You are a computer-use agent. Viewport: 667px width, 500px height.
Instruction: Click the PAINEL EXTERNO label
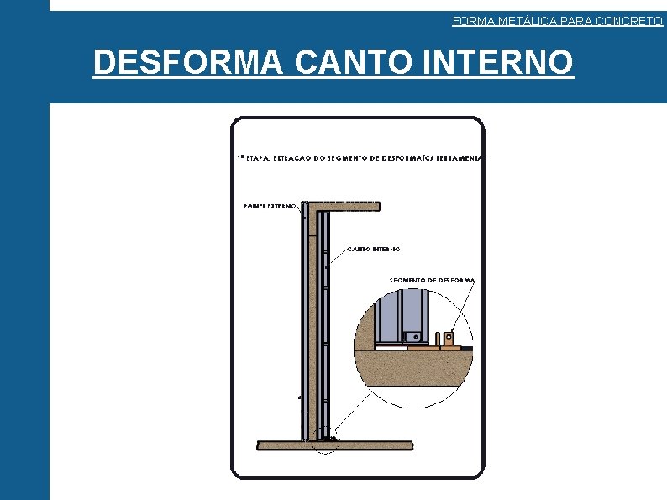pos(269,205)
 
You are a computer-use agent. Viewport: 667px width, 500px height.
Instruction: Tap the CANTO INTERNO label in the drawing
pos(373,250)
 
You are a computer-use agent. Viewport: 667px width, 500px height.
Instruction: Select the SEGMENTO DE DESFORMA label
pos(433,280)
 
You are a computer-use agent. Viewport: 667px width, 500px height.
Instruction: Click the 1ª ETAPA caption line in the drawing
pos(361,158)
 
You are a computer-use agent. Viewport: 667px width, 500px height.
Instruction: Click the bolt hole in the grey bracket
pos(415,337)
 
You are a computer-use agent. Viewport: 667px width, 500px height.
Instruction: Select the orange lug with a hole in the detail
pos(450,340)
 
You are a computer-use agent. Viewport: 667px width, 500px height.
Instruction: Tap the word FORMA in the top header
pos(469,21)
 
